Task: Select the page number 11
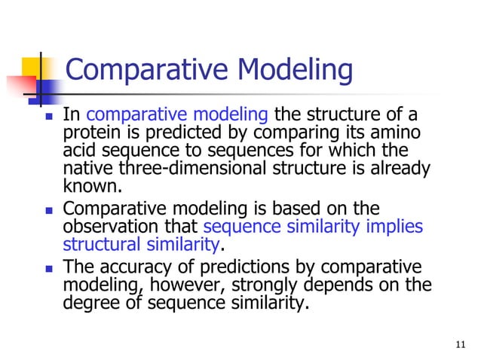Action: pos(462,346)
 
